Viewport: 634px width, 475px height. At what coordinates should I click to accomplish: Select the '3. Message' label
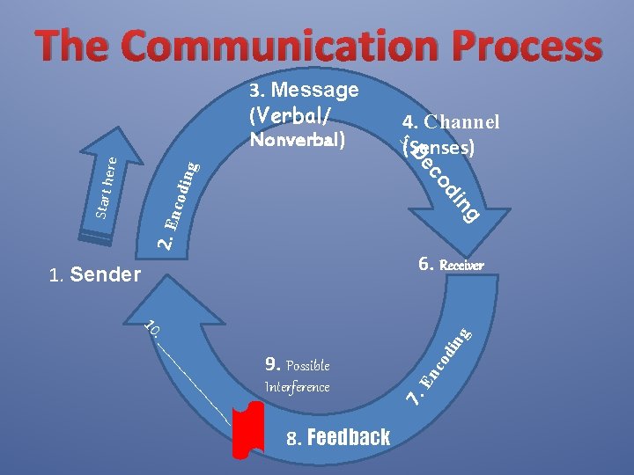[304, 90]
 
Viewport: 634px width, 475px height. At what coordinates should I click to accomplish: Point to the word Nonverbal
[297, 139]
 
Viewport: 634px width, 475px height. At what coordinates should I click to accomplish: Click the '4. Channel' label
[451, 122]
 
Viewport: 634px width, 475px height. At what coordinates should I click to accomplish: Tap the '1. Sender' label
[95, 275]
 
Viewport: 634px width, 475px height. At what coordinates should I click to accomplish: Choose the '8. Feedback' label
[338, 437]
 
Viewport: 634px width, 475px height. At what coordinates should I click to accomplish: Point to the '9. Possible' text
[297, 364]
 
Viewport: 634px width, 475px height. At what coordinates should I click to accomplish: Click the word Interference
[297, 387]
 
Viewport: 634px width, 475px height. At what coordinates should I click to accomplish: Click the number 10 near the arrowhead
[152, 330]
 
